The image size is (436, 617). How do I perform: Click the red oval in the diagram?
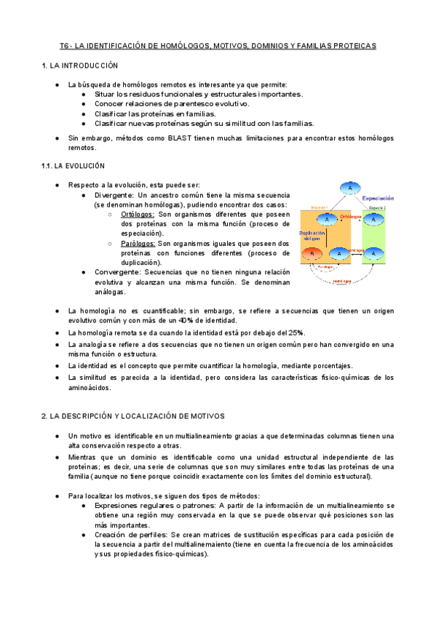[312, 252]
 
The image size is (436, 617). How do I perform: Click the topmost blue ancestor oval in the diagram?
[350, 188]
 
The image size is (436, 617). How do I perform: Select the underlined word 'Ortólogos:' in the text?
[138, 215]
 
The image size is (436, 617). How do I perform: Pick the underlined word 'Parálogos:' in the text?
[138, 243]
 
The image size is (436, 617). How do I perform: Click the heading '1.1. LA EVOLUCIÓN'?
[73, 166]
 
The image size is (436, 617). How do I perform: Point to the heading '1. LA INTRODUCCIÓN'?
[79, 66]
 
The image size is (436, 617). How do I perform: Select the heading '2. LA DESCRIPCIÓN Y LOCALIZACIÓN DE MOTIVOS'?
[133, 415]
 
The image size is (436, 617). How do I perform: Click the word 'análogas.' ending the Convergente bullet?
[110, 292]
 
